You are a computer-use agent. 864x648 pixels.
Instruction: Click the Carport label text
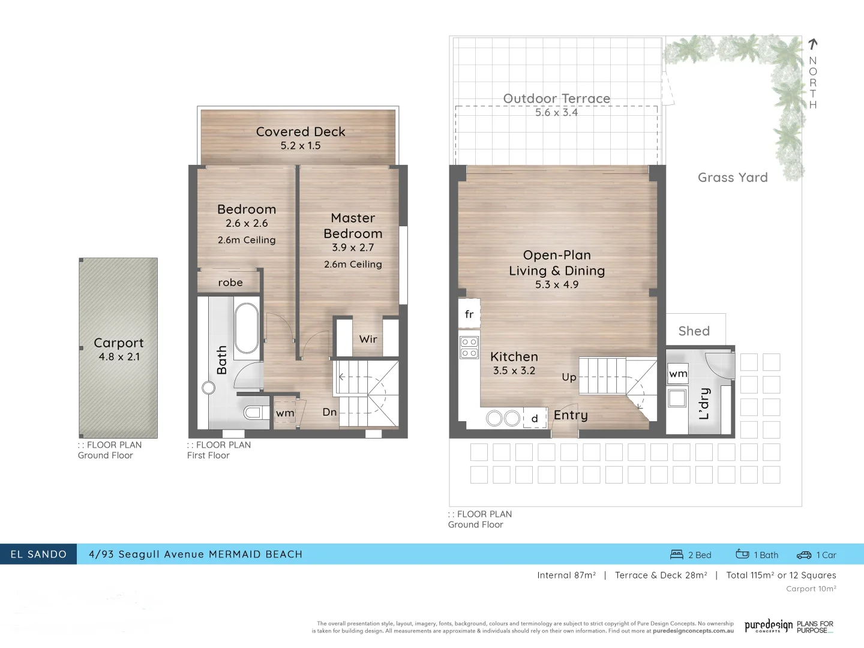coord(118,343)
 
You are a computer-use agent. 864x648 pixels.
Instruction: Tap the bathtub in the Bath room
coord(246,328)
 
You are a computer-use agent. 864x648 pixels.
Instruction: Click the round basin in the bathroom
coord(208,388)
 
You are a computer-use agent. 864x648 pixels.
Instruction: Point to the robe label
coord(230,283)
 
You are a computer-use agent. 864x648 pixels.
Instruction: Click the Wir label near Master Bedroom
coord(368,339)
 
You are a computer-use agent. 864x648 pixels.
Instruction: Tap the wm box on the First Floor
coord(285,413)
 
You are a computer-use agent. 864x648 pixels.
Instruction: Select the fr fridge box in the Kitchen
coord(469,314)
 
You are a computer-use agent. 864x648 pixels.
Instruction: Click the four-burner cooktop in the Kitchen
coord(469,347)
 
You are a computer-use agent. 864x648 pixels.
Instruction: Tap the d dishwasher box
coord(535,418)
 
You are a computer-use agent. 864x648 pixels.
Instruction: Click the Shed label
coord(694,331)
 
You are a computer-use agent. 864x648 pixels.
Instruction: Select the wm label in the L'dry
coord(678,374)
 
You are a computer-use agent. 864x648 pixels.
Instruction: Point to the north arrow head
coord(813,44)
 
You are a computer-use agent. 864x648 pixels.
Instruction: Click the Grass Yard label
coord(733,178)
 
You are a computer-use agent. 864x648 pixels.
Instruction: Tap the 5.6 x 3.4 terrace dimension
coord(556,112)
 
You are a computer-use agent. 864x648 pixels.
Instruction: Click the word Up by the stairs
coord(569,377)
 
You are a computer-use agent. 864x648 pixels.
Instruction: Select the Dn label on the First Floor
coord(329,412)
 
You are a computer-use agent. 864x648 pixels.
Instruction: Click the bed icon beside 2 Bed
coord(677,554)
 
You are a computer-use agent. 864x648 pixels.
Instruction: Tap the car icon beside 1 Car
coord(804,555)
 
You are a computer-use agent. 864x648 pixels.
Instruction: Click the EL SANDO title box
coord(38,554)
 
